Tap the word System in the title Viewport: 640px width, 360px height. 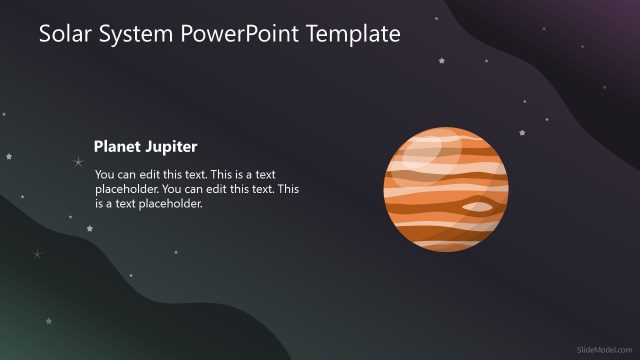(x=141, y=35)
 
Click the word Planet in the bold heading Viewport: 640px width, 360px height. (x=116, y=146)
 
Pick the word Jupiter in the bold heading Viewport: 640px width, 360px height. (x=170, y=146)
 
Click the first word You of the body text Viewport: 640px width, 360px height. (x=106, y=173)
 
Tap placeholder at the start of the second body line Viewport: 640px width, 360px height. (x=127, y=188)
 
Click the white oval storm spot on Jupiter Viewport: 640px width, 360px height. (x=479, y=207)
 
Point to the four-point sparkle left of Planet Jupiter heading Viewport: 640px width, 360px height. (x=78, y=162)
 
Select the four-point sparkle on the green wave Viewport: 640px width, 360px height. (x=37, y=254)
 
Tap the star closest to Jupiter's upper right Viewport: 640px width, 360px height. (x=521, y=132)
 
